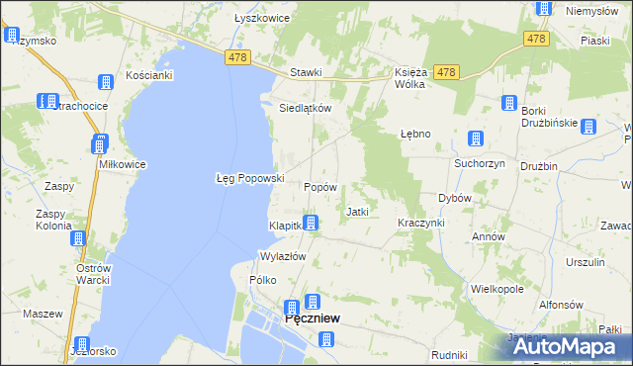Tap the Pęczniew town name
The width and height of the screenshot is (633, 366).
click(x=313, y=319)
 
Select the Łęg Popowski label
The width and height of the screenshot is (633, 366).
click(x=250, y=178)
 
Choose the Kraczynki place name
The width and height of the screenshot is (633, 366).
click(x=421, y=223)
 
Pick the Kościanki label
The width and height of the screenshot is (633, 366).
click(x=149, y=75)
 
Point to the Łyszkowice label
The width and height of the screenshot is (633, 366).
click(x=261, y=18)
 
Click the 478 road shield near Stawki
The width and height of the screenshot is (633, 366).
click(x=236, y=58)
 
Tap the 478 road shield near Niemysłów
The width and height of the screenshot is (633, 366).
click(x=536, y=39)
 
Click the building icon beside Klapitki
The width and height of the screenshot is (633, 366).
click(x=311, y=224)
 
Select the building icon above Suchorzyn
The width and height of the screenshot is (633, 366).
click(x=476, y=139)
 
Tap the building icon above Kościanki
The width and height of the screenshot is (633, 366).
click(x=106, y=83)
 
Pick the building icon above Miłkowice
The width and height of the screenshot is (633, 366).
click(x=99, y=145)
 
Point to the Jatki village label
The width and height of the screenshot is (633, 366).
click(x=357, y=212)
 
